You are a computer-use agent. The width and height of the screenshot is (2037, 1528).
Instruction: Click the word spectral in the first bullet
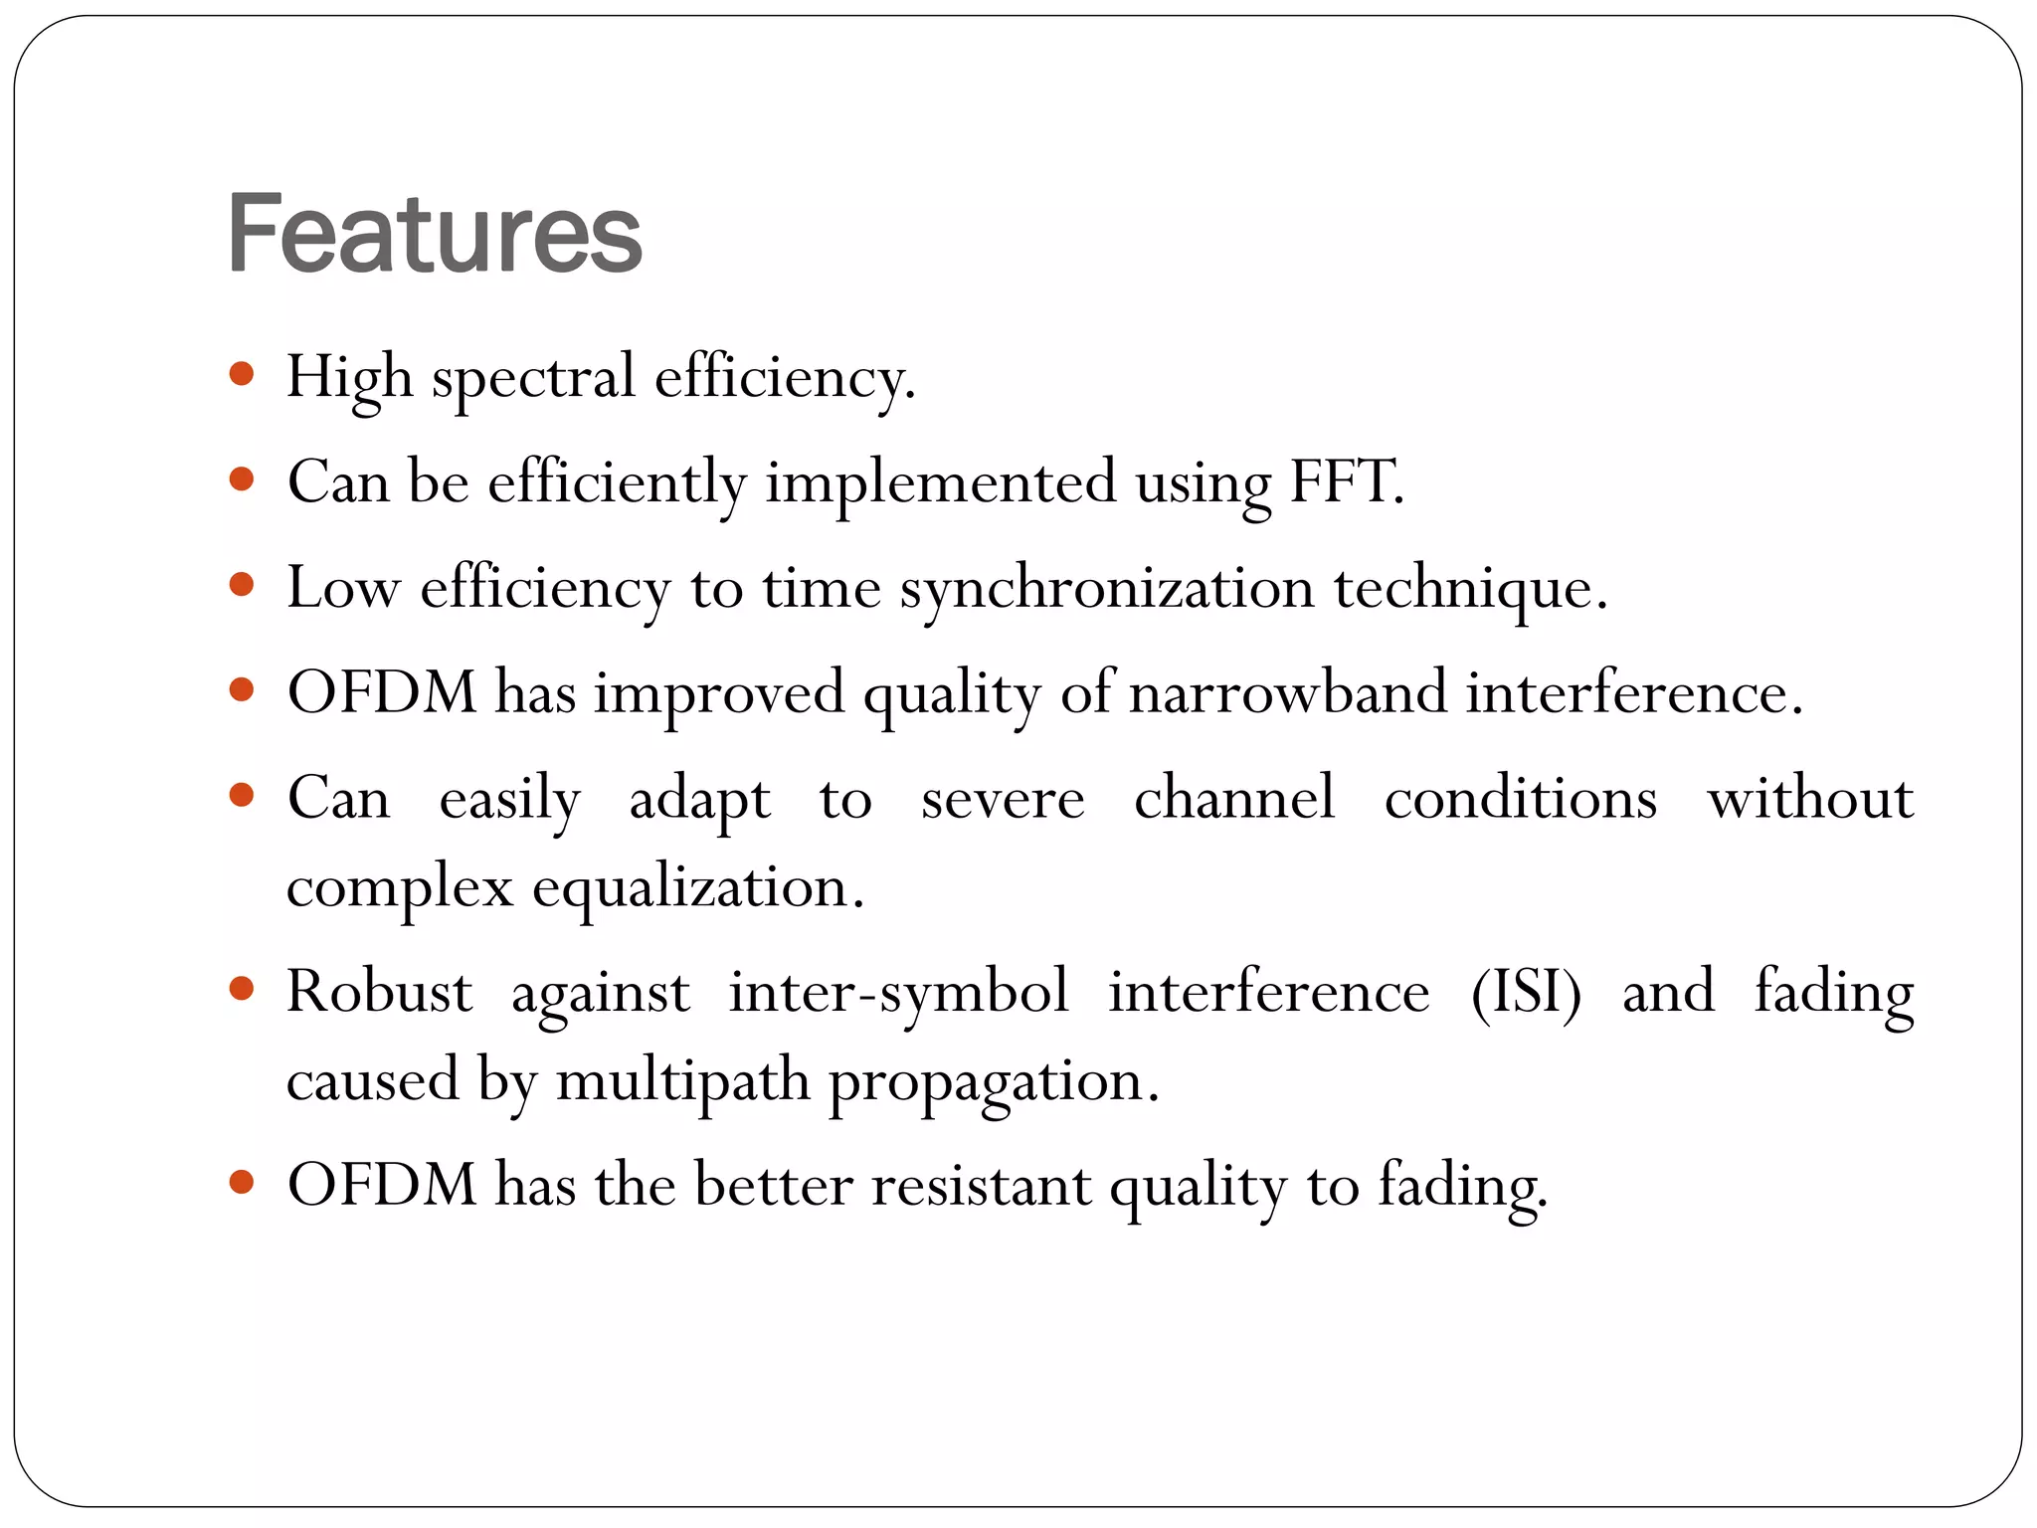pyautogui.click(x=532, y=378)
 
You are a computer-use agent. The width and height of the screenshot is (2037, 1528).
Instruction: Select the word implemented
pyautogui.click(x=941, y=483)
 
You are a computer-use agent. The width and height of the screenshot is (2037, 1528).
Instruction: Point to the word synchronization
pyautogui.click(x=1107, y=589)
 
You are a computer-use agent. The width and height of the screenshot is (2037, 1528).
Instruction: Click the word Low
pyautogui.click(x=342, y=588)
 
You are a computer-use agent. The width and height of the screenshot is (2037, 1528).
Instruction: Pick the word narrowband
pyautogui.click(x=1287, y=692)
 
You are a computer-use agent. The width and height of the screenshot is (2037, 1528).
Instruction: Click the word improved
pyautogui.click(x=719, y=694)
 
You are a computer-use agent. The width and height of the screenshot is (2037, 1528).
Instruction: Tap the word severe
pyautogui.click(x=1003, y=799)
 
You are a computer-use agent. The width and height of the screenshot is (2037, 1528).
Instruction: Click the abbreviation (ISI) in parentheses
pyautogui.click(x=1526, y=993)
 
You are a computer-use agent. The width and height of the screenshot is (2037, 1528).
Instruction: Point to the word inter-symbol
pyautogui.click(x=898, y=993)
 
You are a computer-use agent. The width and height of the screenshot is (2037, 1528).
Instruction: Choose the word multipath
pyautogui.click(x=683, y=1082)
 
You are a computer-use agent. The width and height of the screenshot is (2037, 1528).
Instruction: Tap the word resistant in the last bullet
pyautogui.click(x=981, y=1186)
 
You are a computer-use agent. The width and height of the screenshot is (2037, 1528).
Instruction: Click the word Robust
pyautogui.click(x=379, y=992)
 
